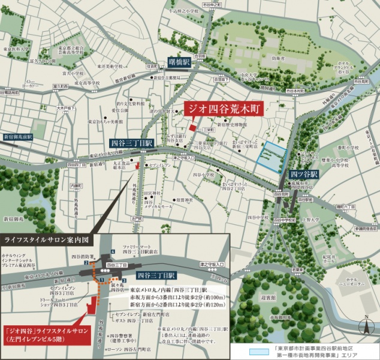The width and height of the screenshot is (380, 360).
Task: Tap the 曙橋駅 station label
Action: [x=177, y=62]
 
